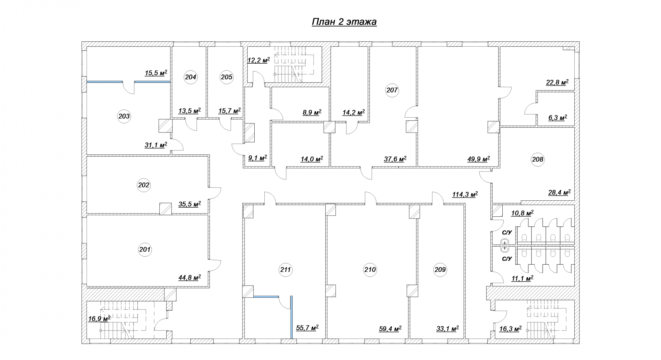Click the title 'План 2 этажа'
(x=344, y=22)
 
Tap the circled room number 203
(x=124, y=116)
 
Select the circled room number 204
(x=191, y=77)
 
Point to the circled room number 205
(x=226, y=77)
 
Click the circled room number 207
(x=392, y=90)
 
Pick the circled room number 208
(x=537, y=159)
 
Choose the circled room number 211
(x=286, y=270)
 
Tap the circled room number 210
(x=370, y=270)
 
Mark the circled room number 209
(x=440, y=270)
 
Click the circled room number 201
(x=145, y=249)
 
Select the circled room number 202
(x=144, y=185)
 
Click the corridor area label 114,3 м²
(x=465, y=194)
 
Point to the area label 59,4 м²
(x=390, y=328)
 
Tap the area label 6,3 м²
(x=558, y=118)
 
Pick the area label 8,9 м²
(x=312, y=112)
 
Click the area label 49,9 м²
(x=479, y=159)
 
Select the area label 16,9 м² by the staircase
(x=99, y=319)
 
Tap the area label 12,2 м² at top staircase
(x=258, y=60)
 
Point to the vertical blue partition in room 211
(x=292, y=317)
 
